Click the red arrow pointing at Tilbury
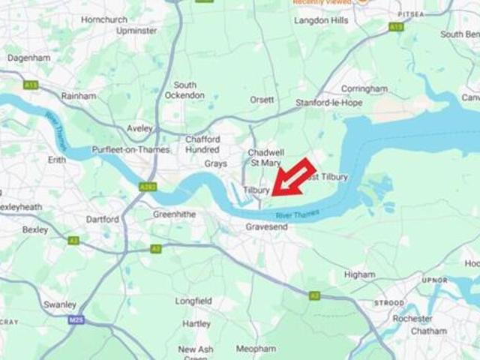292,178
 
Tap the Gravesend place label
267,226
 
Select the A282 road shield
148,186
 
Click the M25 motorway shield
74,319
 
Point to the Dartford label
103,220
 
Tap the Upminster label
136,31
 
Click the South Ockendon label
184,90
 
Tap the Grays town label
215,163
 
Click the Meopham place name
256,349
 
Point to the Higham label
359,274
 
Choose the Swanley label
60,304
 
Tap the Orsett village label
262,100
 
